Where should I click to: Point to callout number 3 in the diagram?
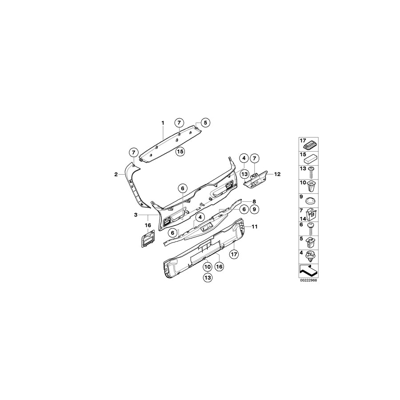(136, 215)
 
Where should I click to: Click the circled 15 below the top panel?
(180, 152)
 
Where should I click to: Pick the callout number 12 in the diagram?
(278, 174)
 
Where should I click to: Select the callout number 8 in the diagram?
(254, 201)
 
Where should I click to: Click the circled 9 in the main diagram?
(254, 209)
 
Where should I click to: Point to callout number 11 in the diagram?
(255, 227)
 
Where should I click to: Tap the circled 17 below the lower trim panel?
(234, 254)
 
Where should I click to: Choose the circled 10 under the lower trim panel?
(207, 267)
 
